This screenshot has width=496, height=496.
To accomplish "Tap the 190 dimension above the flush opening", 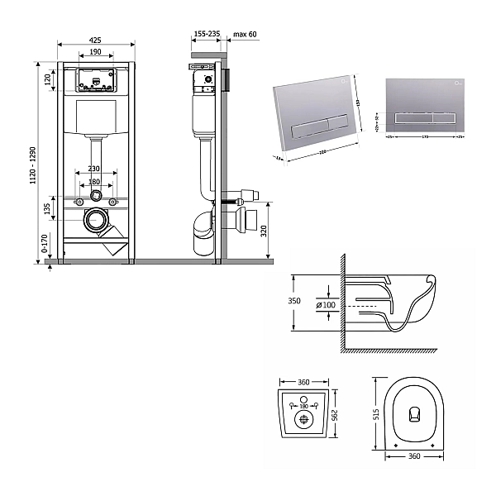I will coord(96,52).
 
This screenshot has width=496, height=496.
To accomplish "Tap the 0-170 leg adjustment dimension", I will coord(46,244).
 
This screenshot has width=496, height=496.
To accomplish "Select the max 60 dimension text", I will coord(246,35).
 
